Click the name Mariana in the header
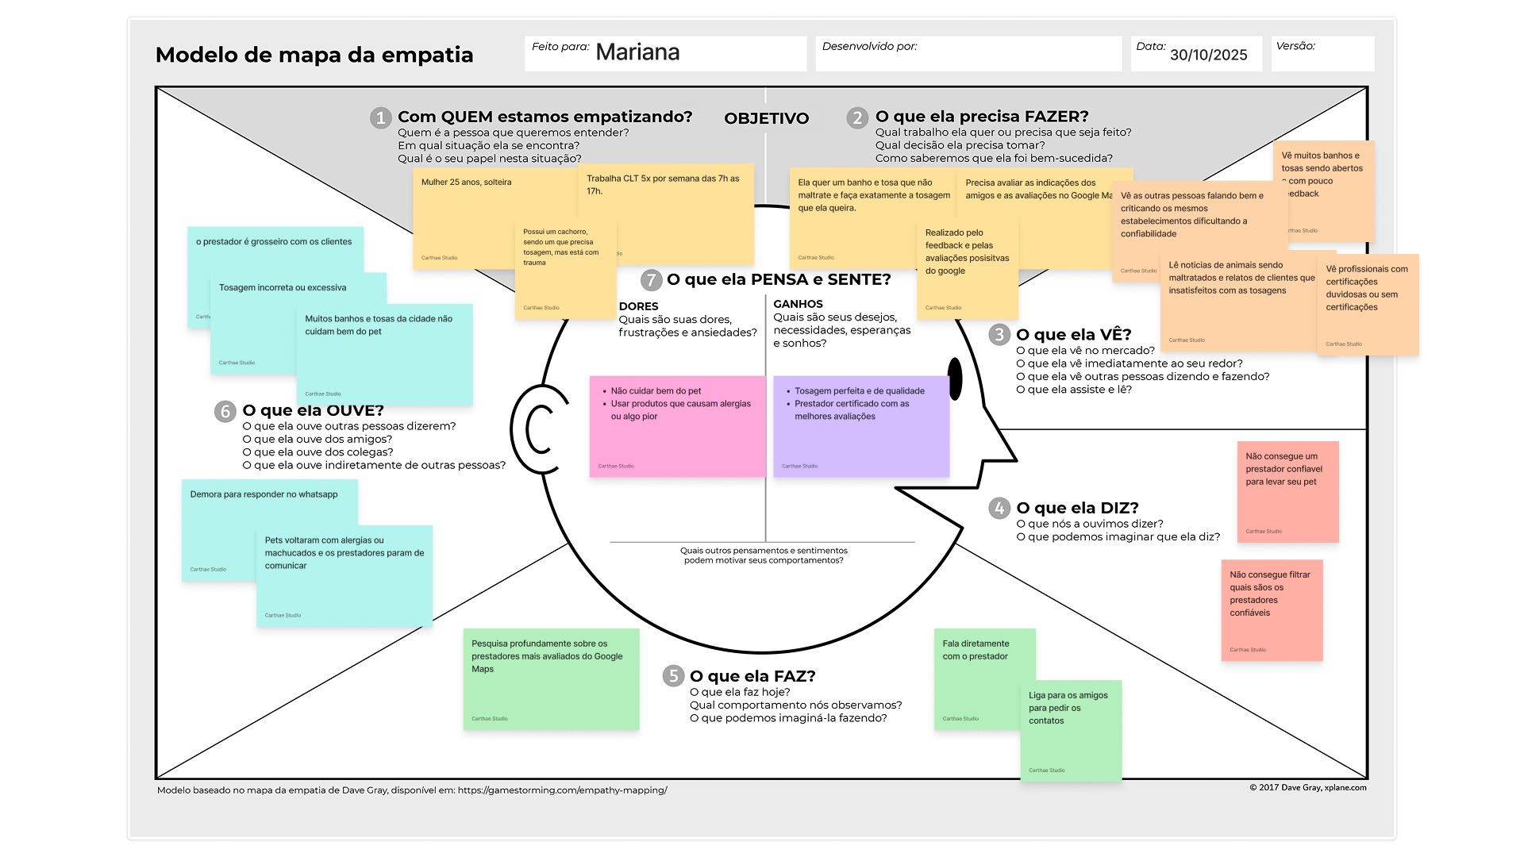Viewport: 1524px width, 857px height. [637, 52]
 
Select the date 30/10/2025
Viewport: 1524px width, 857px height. [1208, 55]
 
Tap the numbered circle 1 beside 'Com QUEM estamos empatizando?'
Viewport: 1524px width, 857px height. [381, 118]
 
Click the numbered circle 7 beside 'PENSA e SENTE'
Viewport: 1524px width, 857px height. [652, 280]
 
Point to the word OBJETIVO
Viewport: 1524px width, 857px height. [766, 118]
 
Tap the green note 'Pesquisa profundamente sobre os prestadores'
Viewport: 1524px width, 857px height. [551, 678]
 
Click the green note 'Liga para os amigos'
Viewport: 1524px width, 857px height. [1071, 730]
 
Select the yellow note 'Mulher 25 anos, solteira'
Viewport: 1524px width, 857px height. [467, 214]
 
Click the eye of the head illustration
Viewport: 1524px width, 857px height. [955, 379]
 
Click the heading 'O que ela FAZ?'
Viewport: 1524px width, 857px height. [752, 676]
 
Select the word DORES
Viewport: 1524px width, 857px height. [638, 306]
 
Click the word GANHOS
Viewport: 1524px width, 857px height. [798, 304]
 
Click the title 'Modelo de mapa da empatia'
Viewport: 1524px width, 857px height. [314, 55]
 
